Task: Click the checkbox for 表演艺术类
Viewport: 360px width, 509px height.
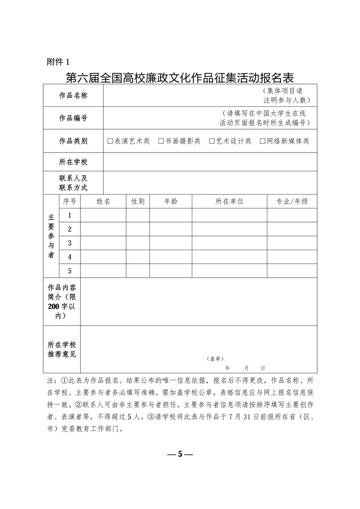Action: (x=111, y=141)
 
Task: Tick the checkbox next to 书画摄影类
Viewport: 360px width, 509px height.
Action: (x=161, y=141)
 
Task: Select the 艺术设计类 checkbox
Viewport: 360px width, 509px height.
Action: (x=212, y=141)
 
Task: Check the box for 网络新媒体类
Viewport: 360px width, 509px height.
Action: (x=263, y=141)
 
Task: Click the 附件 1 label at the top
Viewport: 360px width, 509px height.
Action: (x=58, y=62)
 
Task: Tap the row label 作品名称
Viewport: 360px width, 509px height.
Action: (x=73, y=96)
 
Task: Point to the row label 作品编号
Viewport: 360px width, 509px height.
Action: (x=73, y=118)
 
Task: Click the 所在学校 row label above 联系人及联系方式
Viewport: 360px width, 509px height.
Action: (x=73, y=162)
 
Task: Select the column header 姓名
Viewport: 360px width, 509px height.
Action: (x=103, y=202)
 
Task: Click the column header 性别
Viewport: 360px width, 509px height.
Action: (x=138, y=202)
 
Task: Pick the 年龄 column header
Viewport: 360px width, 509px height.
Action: (x=171, y=202)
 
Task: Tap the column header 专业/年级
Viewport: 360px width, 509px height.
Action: (x=292, y=202)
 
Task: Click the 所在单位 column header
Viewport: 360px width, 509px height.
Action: (x=230, y=202)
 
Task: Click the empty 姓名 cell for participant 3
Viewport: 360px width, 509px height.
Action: (x=103, y=243)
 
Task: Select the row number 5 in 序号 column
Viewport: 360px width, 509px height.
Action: (x=69, y=271)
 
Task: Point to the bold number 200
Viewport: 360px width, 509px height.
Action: (x=54, y=306)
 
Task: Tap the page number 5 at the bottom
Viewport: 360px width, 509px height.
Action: (x=180, y=454)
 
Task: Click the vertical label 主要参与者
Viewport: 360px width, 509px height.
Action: (x=51, y=236)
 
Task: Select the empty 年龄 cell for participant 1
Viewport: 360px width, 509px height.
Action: (x=171, y=215)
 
